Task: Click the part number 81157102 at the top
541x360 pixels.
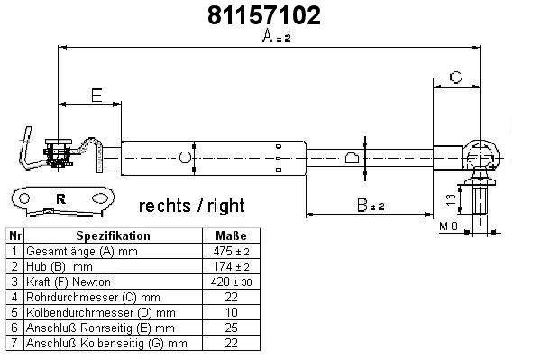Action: tap(264, 15)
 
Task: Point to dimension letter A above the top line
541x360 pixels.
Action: tap(268, 35)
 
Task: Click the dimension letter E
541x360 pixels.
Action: tap(97, 96)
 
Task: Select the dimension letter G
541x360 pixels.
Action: tap(455, 78)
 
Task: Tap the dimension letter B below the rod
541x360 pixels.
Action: tap(362, 205)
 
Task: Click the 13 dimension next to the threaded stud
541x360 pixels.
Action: tap(451, 199)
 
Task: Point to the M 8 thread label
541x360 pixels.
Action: tap(448, 226)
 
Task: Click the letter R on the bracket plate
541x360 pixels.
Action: tap(60, 198)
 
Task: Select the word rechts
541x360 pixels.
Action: tap(165, 206)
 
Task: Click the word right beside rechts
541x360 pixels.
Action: tap(226, 206)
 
